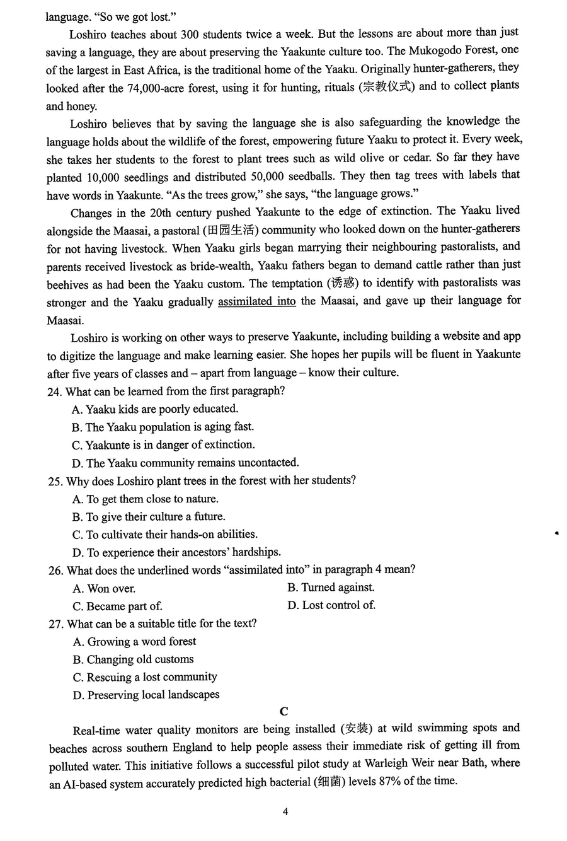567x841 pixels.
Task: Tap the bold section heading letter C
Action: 283,711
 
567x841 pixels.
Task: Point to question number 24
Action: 54,391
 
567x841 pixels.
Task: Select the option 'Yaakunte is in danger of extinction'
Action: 169,445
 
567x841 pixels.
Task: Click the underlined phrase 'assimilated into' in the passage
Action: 256,301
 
